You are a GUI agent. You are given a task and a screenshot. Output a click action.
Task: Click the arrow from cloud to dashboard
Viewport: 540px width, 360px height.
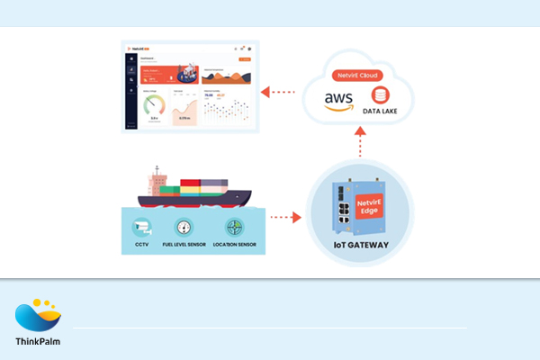282,91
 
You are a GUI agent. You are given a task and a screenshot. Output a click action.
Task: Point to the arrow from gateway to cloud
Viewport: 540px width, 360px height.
359,144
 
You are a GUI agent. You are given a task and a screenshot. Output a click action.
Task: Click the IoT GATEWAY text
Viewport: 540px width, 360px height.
359,246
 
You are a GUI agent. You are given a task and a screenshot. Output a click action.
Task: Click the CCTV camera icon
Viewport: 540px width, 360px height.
141,227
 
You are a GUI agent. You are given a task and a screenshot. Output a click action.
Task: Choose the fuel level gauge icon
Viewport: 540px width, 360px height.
184,228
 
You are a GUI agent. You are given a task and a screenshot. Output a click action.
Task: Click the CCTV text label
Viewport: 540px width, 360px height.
141,245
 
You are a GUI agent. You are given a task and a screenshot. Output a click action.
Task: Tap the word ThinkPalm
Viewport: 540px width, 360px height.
38,341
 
